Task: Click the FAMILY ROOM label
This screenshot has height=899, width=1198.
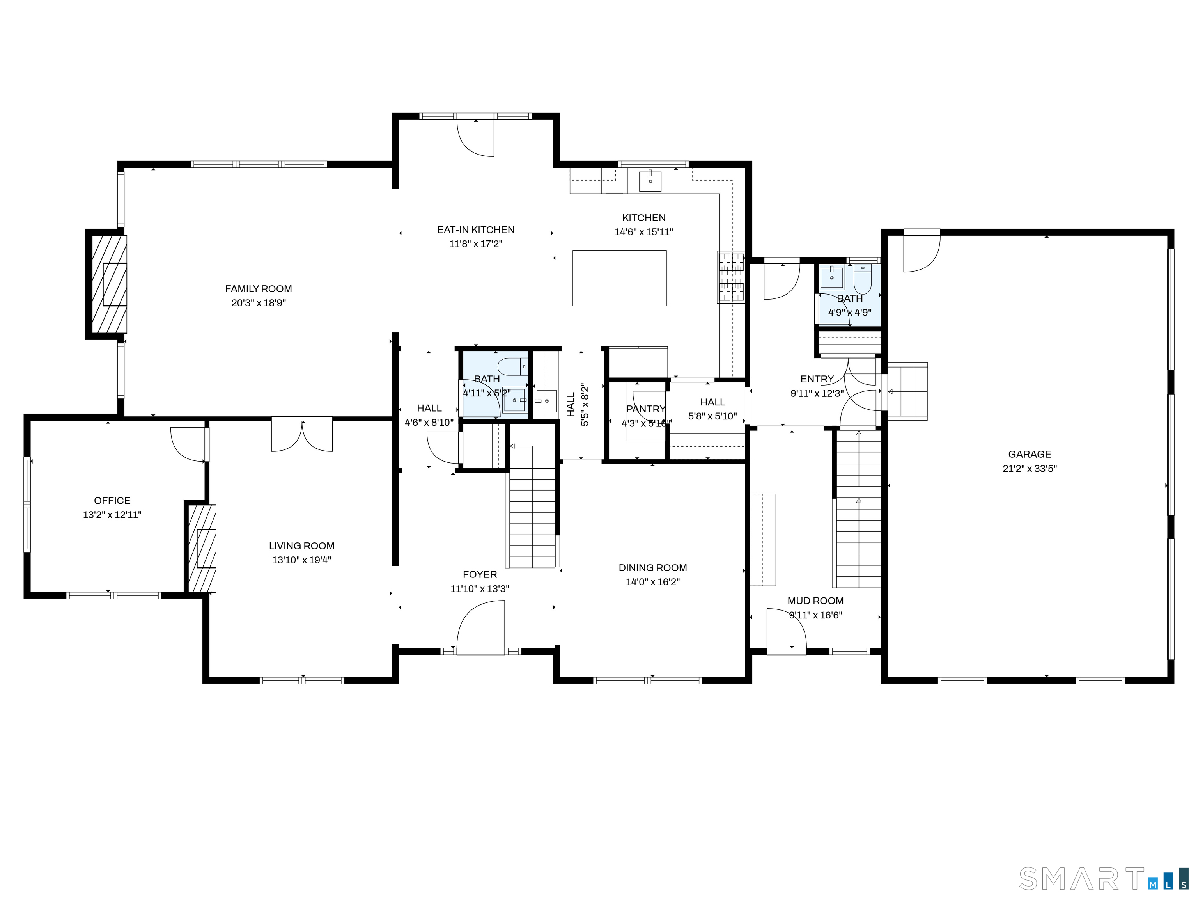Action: (258, 289)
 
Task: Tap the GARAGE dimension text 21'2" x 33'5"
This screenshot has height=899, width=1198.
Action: (1030, 469)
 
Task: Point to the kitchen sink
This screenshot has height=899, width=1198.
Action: (650, 181)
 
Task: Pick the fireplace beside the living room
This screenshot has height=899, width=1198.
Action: (202, 548)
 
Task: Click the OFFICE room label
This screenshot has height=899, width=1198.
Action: (112, 501)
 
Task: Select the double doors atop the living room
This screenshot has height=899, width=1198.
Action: (302, 435)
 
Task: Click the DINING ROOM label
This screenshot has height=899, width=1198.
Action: (652, 568)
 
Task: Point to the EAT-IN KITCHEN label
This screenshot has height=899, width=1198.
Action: (475, 230)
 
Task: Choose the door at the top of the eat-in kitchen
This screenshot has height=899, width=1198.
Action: (475, 135)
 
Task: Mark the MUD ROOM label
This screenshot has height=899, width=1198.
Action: (816, 601)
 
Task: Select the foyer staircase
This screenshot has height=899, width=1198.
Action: (532, 507)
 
